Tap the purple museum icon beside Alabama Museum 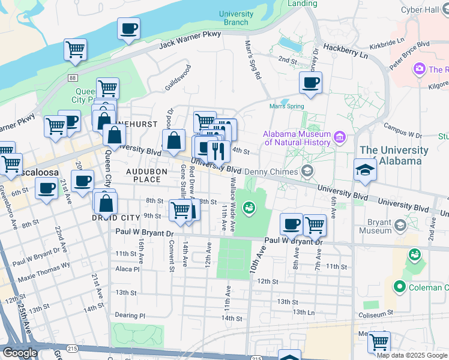coord(340,138)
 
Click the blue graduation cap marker coord(364,170)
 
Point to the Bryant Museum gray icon coord(400,226)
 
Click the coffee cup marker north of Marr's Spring coord(310,83)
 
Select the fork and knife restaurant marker coord(218,150)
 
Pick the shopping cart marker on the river coord(75,50)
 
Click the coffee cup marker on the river coord(129,28)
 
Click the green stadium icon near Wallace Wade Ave coord(251,208)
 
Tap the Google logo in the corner coord(20,353)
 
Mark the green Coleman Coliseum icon coord(398,288)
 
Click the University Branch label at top coord(236,18)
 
